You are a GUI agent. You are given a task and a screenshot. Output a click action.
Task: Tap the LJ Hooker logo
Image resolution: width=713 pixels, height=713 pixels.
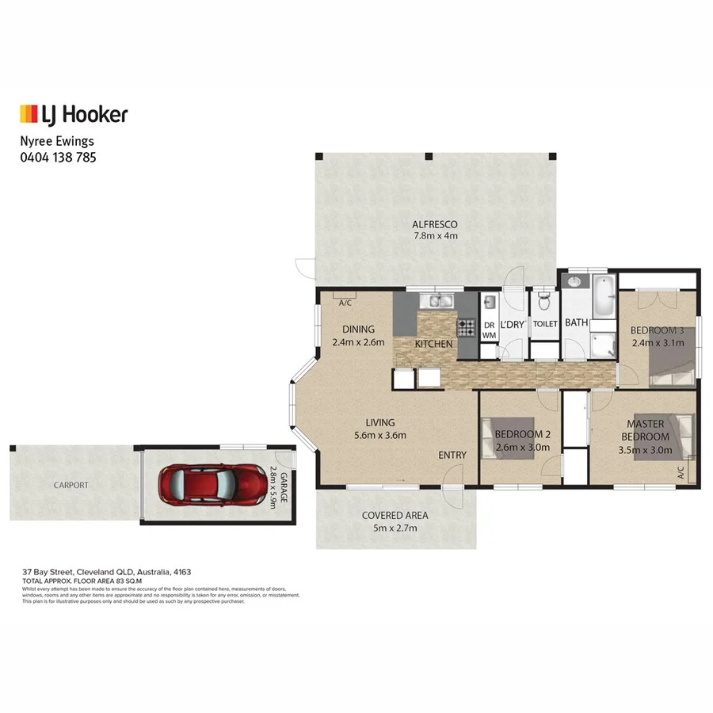tap(73, 115)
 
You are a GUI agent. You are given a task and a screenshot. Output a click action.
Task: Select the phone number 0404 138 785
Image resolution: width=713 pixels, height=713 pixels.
tap(58, 157)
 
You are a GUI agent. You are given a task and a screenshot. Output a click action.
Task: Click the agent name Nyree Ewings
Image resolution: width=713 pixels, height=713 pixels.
tap(56, 141)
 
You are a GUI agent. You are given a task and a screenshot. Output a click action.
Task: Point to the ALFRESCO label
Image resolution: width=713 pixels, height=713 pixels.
tap(435, 224)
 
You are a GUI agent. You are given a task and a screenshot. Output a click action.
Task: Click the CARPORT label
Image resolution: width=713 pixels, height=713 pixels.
tap(71, 485)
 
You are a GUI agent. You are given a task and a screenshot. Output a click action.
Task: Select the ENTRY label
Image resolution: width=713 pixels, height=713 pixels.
tap(453, 455)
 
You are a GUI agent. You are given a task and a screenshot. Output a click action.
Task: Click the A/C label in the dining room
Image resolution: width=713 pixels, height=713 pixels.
tap(345, 303)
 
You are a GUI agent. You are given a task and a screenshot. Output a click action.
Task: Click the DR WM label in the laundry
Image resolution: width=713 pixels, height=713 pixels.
tap(489, 330)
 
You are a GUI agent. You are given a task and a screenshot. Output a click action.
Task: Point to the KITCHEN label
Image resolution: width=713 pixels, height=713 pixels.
tap(435, 344)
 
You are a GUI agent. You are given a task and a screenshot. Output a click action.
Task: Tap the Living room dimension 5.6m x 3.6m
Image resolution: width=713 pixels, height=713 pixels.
tap(379, 435)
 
